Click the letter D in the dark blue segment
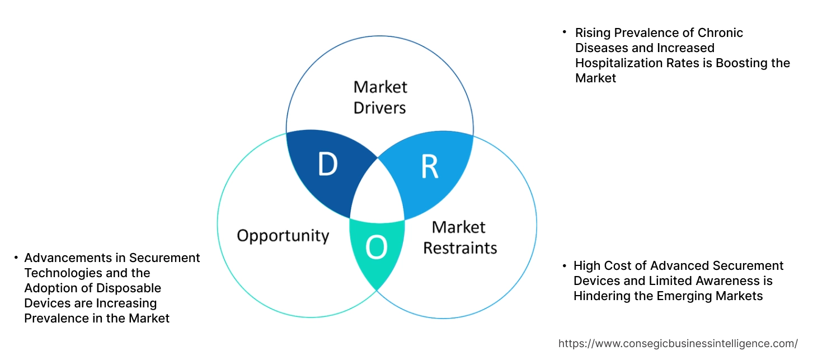click(328, 164)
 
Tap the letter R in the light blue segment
click(429, 167)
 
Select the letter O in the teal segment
click(376, 248)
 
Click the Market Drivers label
click(380, 97)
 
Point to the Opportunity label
click(283, 235)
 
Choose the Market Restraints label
click(459, 237)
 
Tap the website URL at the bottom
click(678, 343)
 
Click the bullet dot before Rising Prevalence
click(565, 32)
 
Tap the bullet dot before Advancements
click(16, 258)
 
